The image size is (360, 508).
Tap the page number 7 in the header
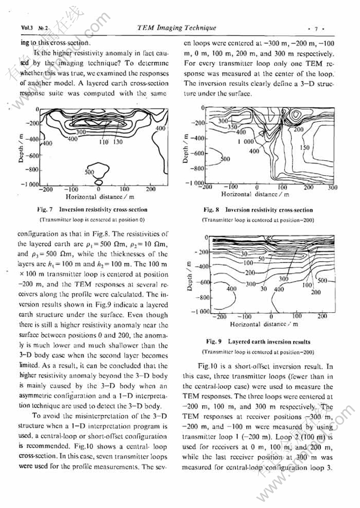[315, 28]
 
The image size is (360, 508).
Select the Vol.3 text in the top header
[27, 28]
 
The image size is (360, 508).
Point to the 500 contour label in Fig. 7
[89, 172]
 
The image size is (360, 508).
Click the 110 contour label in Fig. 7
[104, 142]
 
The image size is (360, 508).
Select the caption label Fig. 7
[50, 210]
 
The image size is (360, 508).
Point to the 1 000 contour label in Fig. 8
[246, 142]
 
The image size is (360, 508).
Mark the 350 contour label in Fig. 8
[231, 127]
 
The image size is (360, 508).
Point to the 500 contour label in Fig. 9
[322, 280]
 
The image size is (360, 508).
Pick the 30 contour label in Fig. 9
[263, 289]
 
